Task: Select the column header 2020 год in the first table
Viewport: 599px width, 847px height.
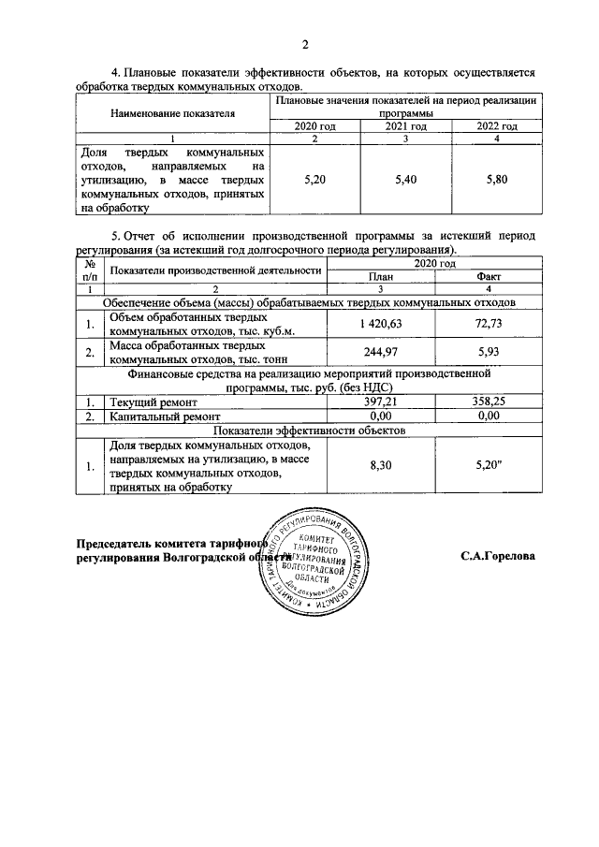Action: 314,126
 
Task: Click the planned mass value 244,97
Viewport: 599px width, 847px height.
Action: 380,351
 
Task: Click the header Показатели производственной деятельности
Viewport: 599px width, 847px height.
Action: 215,270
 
